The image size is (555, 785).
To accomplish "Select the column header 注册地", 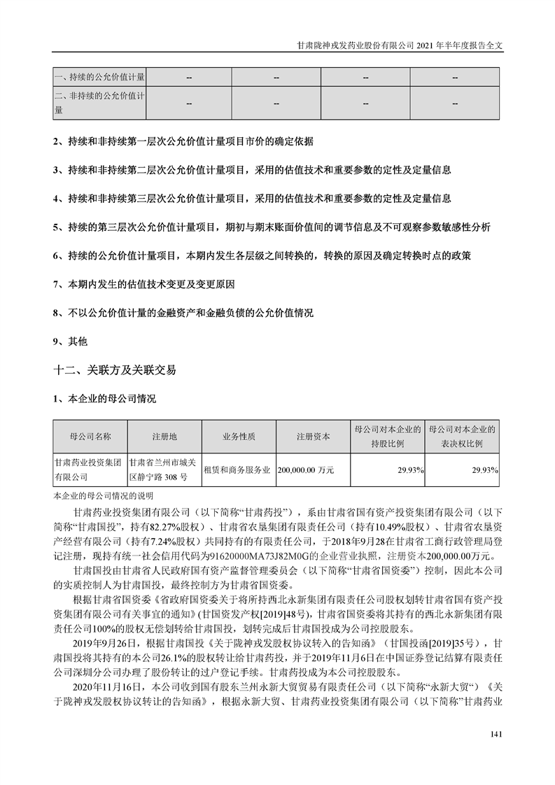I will (x=164, y=437).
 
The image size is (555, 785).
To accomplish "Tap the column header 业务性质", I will (x=239, y=437).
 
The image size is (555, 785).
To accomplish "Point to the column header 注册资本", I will (x=312, y=437).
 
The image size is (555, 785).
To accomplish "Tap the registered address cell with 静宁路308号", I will (x=164, y=470).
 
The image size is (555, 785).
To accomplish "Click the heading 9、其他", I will (x=69, y=341).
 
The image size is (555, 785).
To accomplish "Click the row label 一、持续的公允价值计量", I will (x=99, y=76).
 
